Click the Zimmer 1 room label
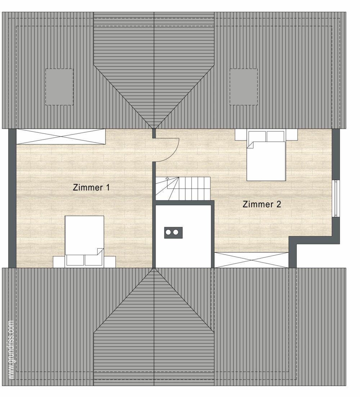tap(91, 188)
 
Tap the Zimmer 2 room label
tap(262, 204)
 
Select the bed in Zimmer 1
tap(84, 242)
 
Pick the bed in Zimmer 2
tap(266, 155)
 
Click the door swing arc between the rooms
tap(174, 154)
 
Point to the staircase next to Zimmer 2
tap(183, 188)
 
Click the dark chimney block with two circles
tap(174, 233)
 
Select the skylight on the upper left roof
tap(59, 87)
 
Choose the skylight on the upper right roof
tap(244, 87)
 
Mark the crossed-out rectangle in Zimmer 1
tap(61, 137)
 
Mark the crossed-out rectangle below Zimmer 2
tap(252, 260)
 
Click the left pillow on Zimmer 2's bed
tap(257, 137)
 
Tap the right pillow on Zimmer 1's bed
tap(93, 260)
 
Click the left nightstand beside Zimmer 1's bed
tap(59, 262)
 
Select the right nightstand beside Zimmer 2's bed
tap(292, 134)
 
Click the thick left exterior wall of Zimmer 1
tap(12, 198)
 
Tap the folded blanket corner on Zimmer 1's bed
tap(100, 251)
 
